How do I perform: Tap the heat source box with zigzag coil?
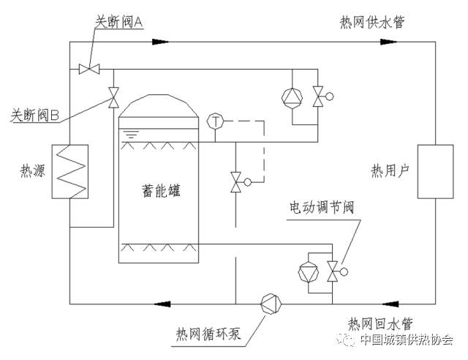click(70, 170)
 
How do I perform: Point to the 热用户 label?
click(388, 171)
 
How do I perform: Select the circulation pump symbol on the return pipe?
click(271, 301)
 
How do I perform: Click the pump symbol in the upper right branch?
click(291, 96)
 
